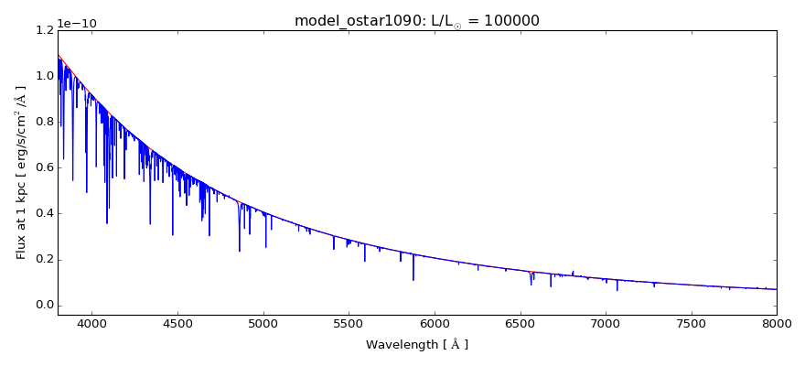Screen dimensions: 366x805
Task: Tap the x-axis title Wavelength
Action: [x=417, y=345]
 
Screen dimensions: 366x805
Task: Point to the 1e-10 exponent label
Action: [x=77, y=24]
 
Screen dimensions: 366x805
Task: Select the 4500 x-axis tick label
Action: [x=177, y=323]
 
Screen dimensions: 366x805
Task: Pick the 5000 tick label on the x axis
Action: [x=263, y=323]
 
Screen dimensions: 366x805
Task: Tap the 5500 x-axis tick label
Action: [x=349, y=323]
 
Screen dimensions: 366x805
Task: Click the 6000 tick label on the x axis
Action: [x=435, y=323]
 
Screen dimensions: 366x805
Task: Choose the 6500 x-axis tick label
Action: [x=520, y=323]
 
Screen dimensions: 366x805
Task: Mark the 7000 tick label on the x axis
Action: [x=606, y=323]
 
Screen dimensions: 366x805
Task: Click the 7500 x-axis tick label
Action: [x=692, y=323]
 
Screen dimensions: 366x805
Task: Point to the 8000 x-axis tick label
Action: [x=777, y=323]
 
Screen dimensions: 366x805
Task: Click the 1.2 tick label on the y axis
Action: [x=42, y=30]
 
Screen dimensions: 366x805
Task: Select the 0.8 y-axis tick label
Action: [x=42, y=122]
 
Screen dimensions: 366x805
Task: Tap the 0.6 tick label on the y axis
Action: [x=42, y=167]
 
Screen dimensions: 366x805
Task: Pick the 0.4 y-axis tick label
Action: [x=42, y=213]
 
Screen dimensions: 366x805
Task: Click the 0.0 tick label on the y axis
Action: [x=42, y=305]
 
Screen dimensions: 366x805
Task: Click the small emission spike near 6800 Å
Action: [x=573, y=272]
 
